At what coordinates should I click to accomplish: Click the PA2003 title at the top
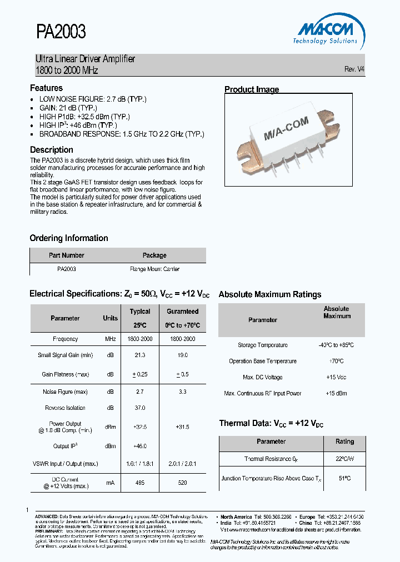coord(61,32)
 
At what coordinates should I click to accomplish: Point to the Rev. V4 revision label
coord(354,69)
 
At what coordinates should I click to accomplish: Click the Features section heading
coord(46,88)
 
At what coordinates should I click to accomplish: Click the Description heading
coord(51,150)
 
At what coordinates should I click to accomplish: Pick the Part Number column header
coord(66,255)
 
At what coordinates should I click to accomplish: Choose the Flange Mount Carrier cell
coord(154,269)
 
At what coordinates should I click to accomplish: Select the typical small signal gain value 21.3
coord(140,355)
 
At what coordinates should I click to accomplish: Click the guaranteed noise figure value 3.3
coord(182,392)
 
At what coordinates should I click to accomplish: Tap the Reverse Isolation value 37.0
coord(140,408)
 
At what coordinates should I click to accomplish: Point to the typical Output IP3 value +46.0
coord(140,446)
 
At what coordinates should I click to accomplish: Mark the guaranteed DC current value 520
coord(182,483)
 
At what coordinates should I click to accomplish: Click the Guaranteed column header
coord(182,312)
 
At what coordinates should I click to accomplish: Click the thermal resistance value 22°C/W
coord(344,459)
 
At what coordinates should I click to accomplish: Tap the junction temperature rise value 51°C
coord(344,478)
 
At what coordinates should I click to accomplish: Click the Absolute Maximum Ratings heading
coord(270,295)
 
